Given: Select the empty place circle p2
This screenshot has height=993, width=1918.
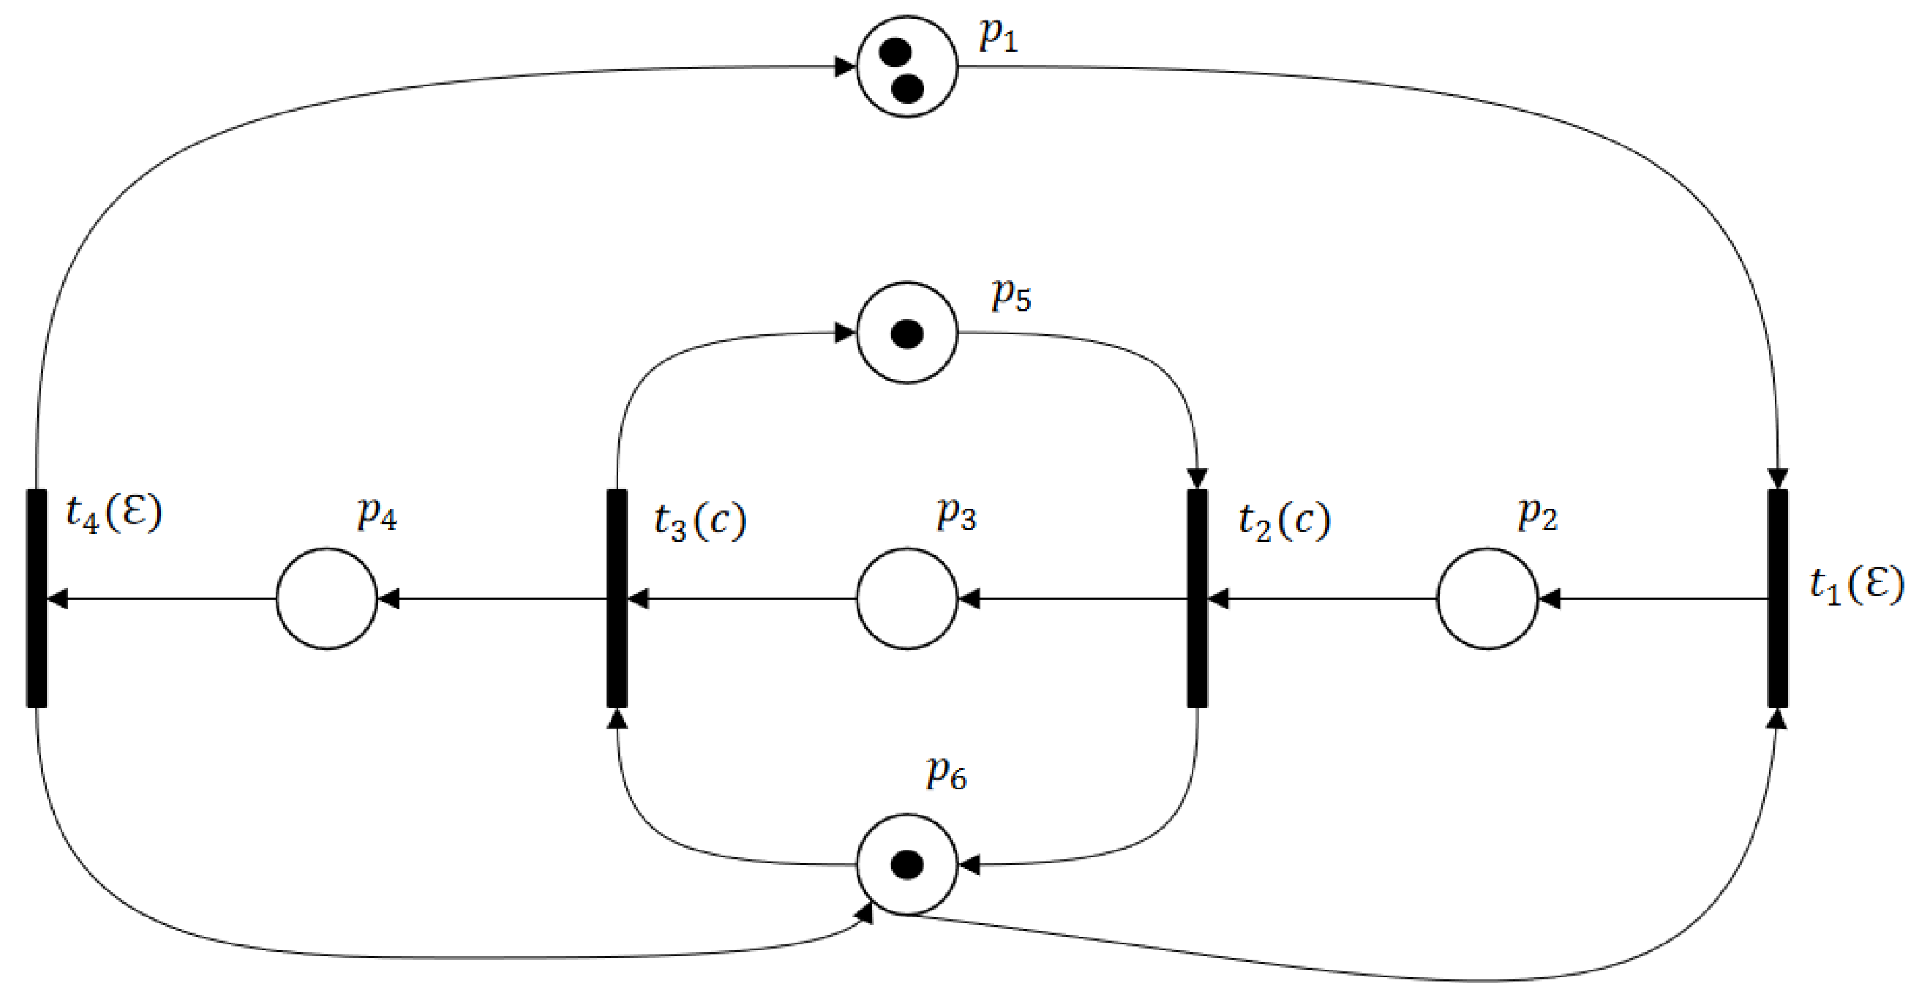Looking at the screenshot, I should pos(1487,599).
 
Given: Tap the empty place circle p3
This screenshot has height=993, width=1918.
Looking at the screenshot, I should pos(907,599).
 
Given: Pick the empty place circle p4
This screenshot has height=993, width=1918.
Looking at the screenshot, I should pos(326,599).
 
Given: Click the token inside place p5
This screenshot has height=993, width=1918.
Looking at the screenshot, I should pos(907,333).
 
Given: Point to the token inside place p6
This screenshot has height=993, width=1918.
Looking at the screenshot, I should pos(907,865).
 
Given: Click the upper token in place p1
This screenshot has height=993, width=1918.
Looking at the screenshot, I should pos(895,52).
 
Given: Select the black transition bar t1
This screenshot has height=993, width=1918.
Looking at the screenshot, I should pos(1778,599).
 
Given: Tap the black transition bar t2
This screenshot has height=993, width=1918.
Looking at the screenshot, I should pos(1196,599).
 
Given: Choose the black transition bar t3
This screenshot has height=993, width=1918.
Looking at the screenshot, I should pos(617,599).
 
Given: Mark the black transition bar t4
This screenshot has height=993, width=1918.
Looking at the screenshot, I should pos(37,599).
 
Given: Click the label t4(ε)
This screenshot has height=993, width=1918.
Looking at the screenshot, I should pos(114,514).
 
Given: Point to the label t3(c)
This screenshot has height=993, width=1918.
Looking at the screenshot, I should pos(700,521).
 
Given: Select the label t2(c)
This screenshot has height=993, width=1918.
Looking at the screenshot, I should pos(1285,521).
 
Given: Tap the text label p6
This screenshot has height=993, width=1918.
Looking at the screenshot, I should pos(946,773).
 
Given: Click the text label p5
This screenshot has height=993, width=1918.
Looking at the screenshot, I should pos(1010,295).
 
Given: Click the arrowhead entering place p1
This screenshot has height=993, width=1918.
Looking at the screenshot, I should pos(844,67).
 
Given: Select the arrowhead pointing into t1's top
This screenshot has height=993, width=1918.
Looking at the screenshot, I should pos(1778,478).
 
